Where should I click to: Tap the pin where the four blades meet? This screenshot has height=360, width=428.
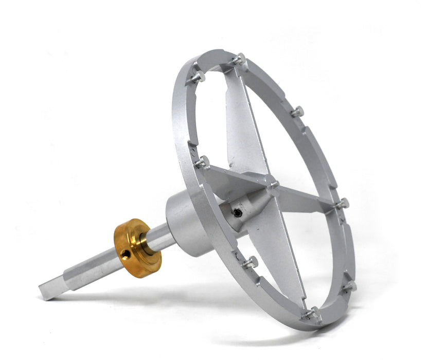pyautogui.click(x=273, y=183)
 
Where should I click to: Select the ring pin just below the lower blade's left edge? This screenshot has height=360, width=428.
pyautogui.click(x=251, y=262)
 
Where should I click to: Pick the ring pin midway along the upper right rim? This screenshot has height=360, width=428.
pyautogui.click(x=297, y=111)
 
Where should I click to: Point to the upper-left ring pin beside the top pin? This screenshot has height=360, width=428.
pyautogui.click(x=199, y=77)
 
